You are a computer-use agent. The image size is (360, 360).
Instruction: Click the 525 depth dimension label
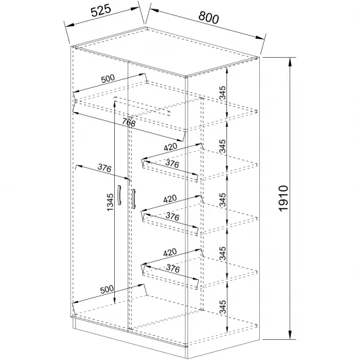(x=101, y=11)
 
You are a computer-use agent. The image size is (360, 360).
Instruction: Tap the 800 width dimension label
(x=208, y=17)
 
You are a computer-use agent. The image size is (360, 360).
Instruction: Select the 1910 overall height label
(x=283, y=198)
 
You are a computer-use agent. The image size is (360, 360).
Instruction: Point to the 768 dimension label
(x=129, y=122)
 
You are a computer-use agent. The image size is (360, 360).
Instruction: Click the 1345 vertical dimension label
(x=110, y=202)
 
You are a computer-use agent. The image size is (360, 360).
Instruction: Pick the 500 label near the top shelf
(x=107, y=79)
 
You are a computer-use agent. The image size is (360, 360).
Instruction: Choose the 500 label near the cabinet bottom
(x=107, y=289)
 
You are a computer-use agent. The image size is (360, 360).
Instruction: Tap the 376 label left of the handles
(x=105, y=168)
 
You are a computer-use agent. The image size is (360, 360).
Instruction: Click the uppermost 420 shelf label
(x=170, y=146)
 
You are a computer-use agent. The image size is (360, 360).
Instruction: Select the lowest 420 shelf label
(x=170, y=253)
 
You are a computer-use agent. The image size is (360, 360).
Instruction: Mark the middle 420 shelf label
(x=170, y=199)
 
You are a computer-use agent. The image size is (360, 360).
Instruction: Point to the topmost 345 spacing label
(x=222, y=93)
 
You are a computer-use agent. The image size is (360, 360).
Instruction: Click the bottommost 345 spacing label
(x=222, y=307)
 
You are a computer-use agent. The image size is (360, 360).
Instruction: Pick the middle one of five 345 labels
(x=222, y=199)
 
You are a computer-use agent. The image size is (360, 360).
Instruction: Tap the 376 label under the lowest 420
(x=173, y=269)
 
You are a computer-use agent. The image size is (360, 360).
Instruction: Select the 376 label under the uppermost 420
(x=172, y=164)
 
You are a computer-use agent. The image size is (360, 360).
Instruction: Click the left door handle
(x=119, y=195)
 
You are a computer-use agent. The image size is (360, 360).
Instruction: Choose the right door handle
(x=134, y=199)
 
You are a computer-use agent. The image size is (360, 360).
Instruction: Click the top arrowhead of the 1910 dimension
(x=290, y=62)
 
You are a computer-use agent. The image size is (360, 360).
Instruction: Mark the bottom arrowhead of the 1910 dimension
(x=290, y=334)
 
